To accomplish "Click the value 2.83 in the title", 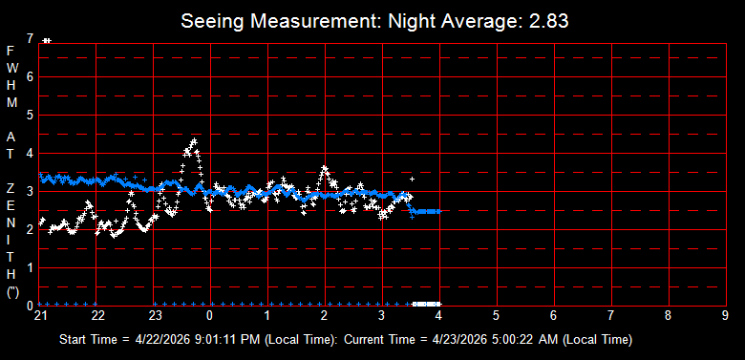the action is point(549,21).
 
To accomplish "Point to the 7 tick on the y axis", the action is point(31,38).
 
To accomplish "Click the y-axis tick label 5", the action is point(31,115).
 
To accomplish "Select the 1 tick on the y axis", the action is point(31,268).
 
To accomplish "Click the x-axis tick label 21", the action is point(40,316).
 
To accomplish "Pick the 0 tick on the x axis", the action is point(210,316).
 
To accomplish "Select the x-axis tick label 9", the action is point(725,316).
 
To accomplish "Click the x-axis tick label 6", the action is point(554,316).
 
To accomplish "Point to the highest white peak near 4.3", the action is point(194,141).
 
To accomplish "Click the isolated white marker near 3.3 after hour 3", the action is point(412,179).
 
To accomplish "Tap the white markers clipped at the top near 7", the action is point(47,41).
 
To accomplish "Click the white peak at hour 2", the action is point(325,168).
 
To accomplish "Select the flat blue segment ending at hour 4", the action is point(428,211).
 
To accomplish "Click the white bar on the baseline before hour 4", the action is point(427,304).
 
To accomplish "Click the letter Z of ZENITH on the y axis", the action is point(12,188).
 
